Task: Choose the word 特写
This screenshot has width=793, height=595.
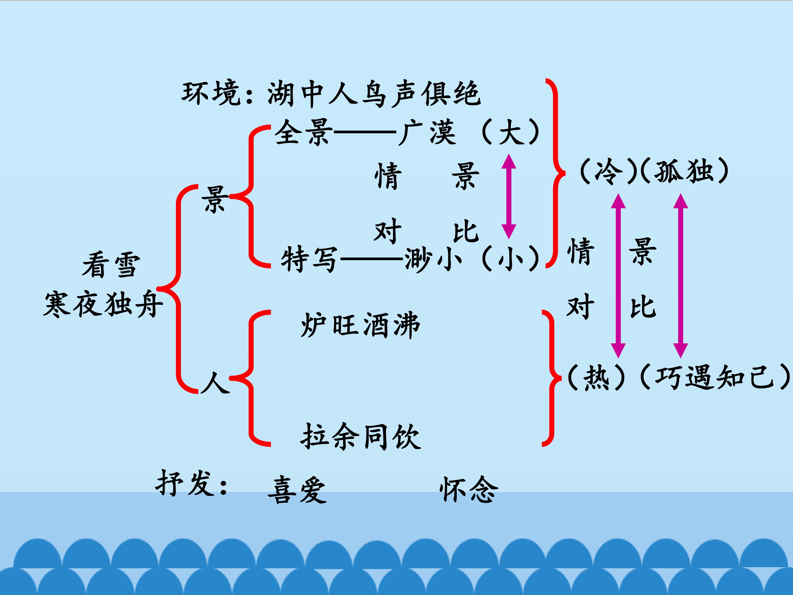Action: (x=309, y=259)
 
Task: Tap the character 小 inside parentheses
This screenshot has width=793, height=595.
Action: (x=511, y=259)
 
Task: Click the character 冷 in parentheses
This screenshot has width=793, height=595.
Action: (x=608, y=171)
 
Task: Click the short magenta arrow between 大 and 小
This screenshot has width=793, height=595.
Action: (x=508, y=196)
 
